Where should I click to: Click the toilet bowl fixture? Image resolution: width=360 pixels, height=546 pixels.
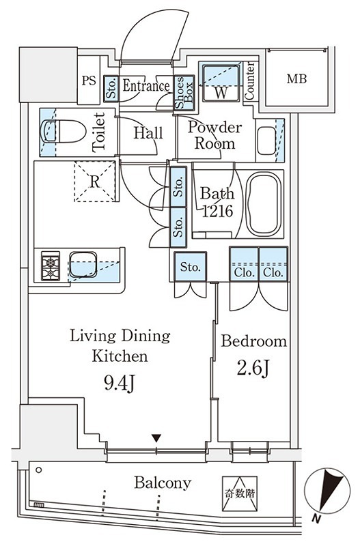coord(64,131)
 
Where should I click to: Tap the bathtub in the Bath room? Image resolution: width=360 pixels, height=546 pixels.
coord(264,204)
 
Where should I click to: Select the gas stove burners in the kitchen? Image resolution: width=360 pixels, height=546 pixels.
coord(51,265)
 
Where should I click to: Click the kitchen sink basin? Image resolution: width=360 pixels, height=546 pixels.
coord(83,264)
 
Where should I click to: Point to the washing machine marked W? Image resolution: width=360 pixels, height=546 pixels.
coord(221,83)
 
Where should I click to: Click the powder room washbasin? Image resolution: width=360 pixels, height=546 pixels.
coord(266,141)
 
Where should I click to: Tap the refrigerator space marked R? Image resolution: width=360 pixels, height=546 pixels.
coord(94,182)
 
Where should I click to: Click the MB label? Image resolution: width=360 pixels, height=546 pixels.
coord(296,78)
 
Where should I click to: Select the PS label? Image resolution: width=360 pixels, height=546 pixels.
coord(89,81)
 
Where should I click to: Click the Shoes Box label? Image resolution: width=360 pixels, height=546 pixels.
coord(184,93)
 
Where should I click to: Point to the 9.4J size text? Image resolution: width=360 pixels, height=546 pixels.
coord(119,384)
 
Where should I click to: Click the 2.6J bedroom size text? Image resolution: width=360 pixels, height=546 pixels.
coord(253,369)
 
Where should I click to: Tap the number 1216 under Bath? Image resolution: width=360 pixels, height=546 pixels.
coord(217,211)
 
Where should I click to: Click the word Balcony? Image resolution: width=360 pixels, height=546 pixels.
coord(163,483)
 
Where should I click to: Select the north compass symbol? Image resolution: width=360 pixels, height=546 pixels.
coord(327,491)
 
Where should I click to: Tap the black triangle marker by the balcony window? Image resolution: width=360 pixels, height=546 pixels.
coord(157,438)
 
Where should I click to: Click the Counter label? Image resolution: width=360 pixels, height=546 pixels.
coord(249,81)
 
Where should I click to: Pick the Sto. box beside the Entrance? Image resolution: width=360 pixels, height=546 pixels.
coord(111,89)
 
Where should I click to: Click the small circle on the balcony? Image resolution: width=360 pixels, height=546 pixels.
coord(39,470)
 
